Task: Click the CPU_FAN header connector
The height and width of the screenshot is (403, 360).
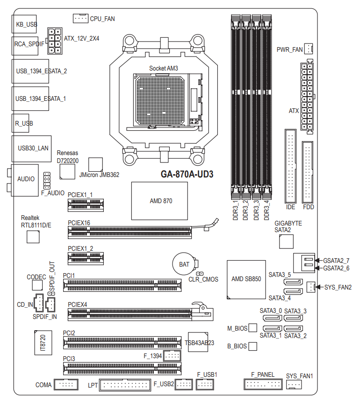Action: tap(80, 18)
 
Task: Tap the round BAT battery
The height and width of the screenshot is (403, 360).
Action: tap(185, 264)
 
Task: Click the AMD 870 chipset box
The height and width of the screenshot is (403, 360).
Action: tap(159, 201)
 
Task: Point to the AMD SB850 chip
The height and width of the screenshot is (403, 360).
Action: tap(246, 279)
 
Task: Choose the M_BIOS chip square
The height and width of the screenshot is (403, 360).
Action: tap(253, 328)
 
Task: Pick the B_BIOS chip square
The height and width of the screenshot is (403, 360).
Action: tap(253, 346)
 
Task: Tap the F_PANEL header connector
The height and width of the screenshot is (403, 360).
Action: tap(263, 384)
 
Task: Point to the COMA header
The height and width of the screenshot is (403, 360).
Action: tap(67, 385)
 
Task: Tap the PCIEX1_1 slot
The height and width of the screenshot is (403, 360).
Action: tap(86, 204)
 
